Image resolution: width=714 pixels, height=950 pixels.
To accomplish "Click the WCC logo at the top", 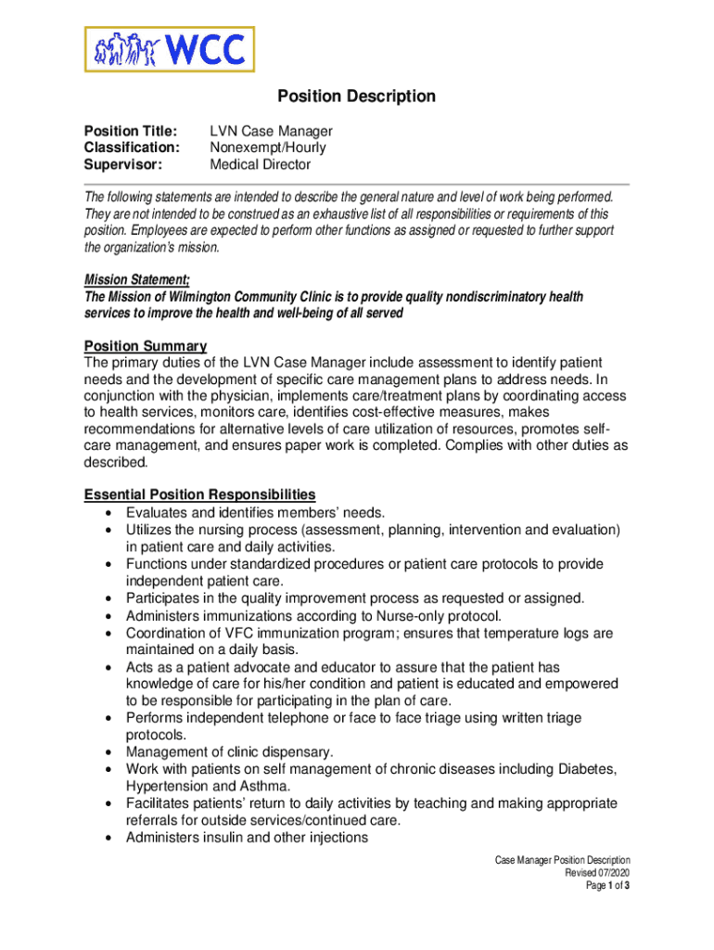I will pyautogui.click(x=170, y=49).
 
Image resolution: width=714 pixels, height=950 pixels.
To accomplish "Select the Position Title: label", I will pyautogui.click(x=131, y=131).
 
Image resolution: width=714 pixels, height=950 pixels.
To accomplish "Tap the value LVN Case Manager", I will pyautogui.click(x=271, y=131).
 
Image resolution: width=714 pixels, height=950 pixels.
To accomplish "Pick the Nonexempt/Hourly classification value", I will pyautogui.click(x=267, y=148).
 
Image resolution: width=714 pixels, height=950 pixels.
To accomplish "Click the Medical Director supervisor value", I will pyautogui.click(x=260, y=164).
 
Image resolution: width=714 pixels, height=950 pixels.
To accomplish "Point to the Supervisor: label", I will pyautogui.click(x=123, y=164).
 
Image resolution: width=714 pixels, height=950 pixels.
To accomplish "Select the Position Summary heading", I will pyautogui.click(x=146, y=346).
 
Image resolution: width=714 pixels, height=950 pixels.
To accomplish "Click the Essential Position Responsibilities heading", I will pyautogui.click(x=199, y=494).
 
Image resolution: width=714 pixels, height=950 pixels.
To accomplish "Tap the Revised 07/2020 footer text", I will pyautogui.click(x=597, y=873).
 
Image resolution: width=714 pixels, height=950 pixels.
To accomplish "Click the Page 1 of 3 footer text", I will pyautogui.click(x=607, y=886).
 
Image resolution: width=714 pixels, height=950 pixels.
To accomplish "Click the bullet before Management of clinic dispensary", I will pyautogui.click(x=109, y=752).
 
